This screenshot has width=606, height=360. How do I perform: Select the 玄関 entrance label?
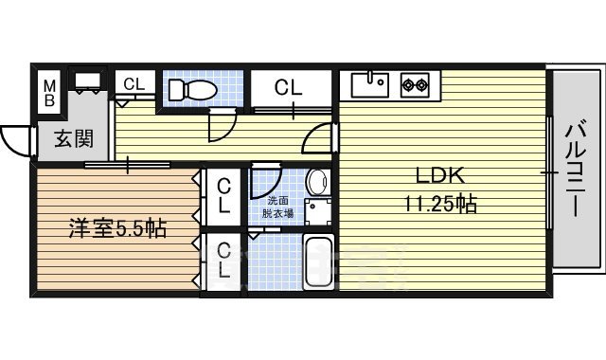click(72, 140)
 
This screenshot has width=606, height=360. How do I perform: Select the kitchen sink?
click(371, 85)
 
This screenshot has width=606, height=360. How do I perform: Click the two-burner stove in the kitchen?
click(415, 85)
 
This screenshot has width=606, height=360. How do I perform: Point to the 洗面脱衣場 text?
click(278, 207)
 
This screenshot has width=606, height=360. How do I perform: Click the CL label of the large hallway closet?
click(289, 89)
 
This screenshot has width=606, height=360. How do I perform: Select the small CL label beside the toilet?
click(134, 84)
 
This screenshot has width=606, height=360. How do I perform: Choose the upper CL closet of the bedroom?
click(224, 196)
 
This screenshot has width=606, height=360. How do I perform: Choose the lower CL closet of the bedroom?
click(224, 261)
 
